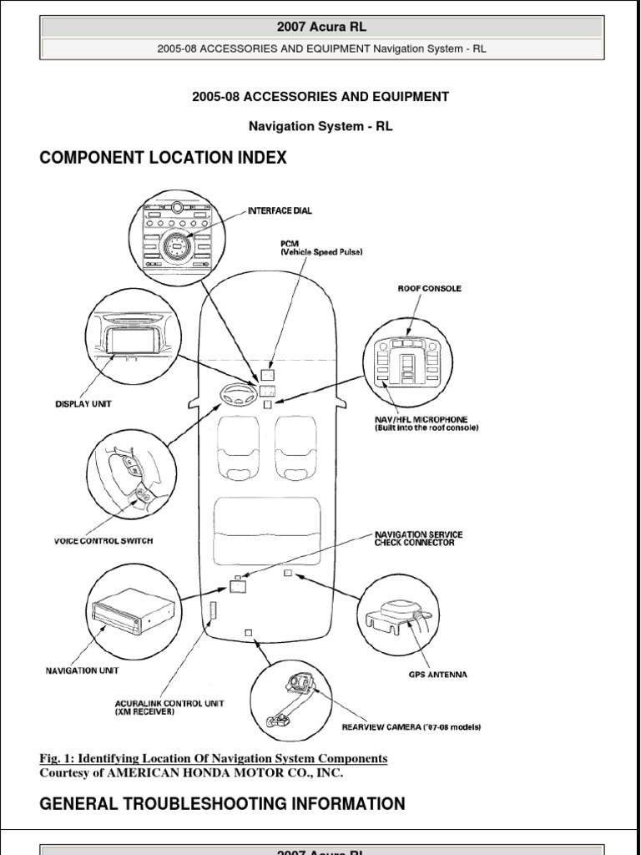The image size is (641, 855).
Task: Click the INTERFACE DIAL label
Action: (x=280, y=211)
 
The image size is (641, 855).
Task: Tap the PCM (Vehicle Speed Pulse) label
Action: (x=321, y=247)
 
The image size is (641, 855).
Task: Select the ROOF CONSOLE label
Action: (x=429, y=289)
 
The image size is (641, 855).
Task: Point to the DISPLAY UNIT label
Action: (x=83, y=404)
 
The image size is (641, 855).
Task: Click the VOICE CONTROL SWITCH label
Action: (x=103, y=541)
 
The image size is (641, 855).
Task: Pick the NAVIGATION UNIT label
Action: (x=82, y=670)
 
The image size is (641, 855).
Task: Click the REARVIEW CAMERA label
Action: (x=411, y=727)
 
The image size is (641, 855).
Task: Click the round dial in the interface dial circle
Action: (x=178, y=245)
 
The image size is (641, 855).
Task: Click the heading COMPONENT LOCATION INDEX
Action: (x=164, y=158)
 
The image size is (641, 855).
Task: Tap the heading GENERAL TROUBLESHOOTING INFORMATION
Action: (x=223, y=804)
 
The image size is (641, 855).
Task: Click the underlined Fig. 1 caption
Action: (x=214, y=758)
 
